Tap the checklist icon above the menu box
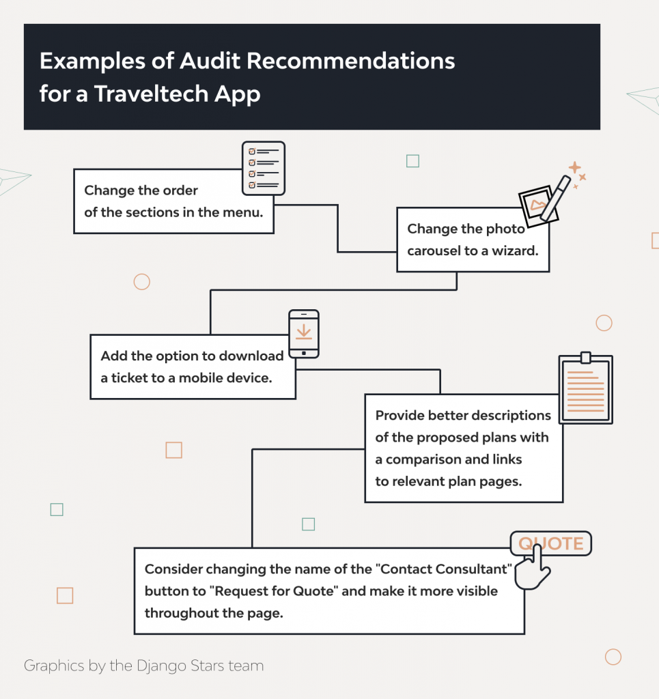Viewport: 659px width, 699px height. click(264, 168)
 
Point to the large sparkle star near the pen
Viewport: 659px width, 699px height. click(575, 168)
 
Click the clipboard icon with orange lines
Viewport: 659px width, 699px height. click(585, 389)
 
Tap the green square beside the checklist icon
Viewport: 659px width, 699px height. click(412, 161)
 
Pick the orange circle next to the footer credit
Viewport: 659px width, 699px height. click(613, 657)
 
